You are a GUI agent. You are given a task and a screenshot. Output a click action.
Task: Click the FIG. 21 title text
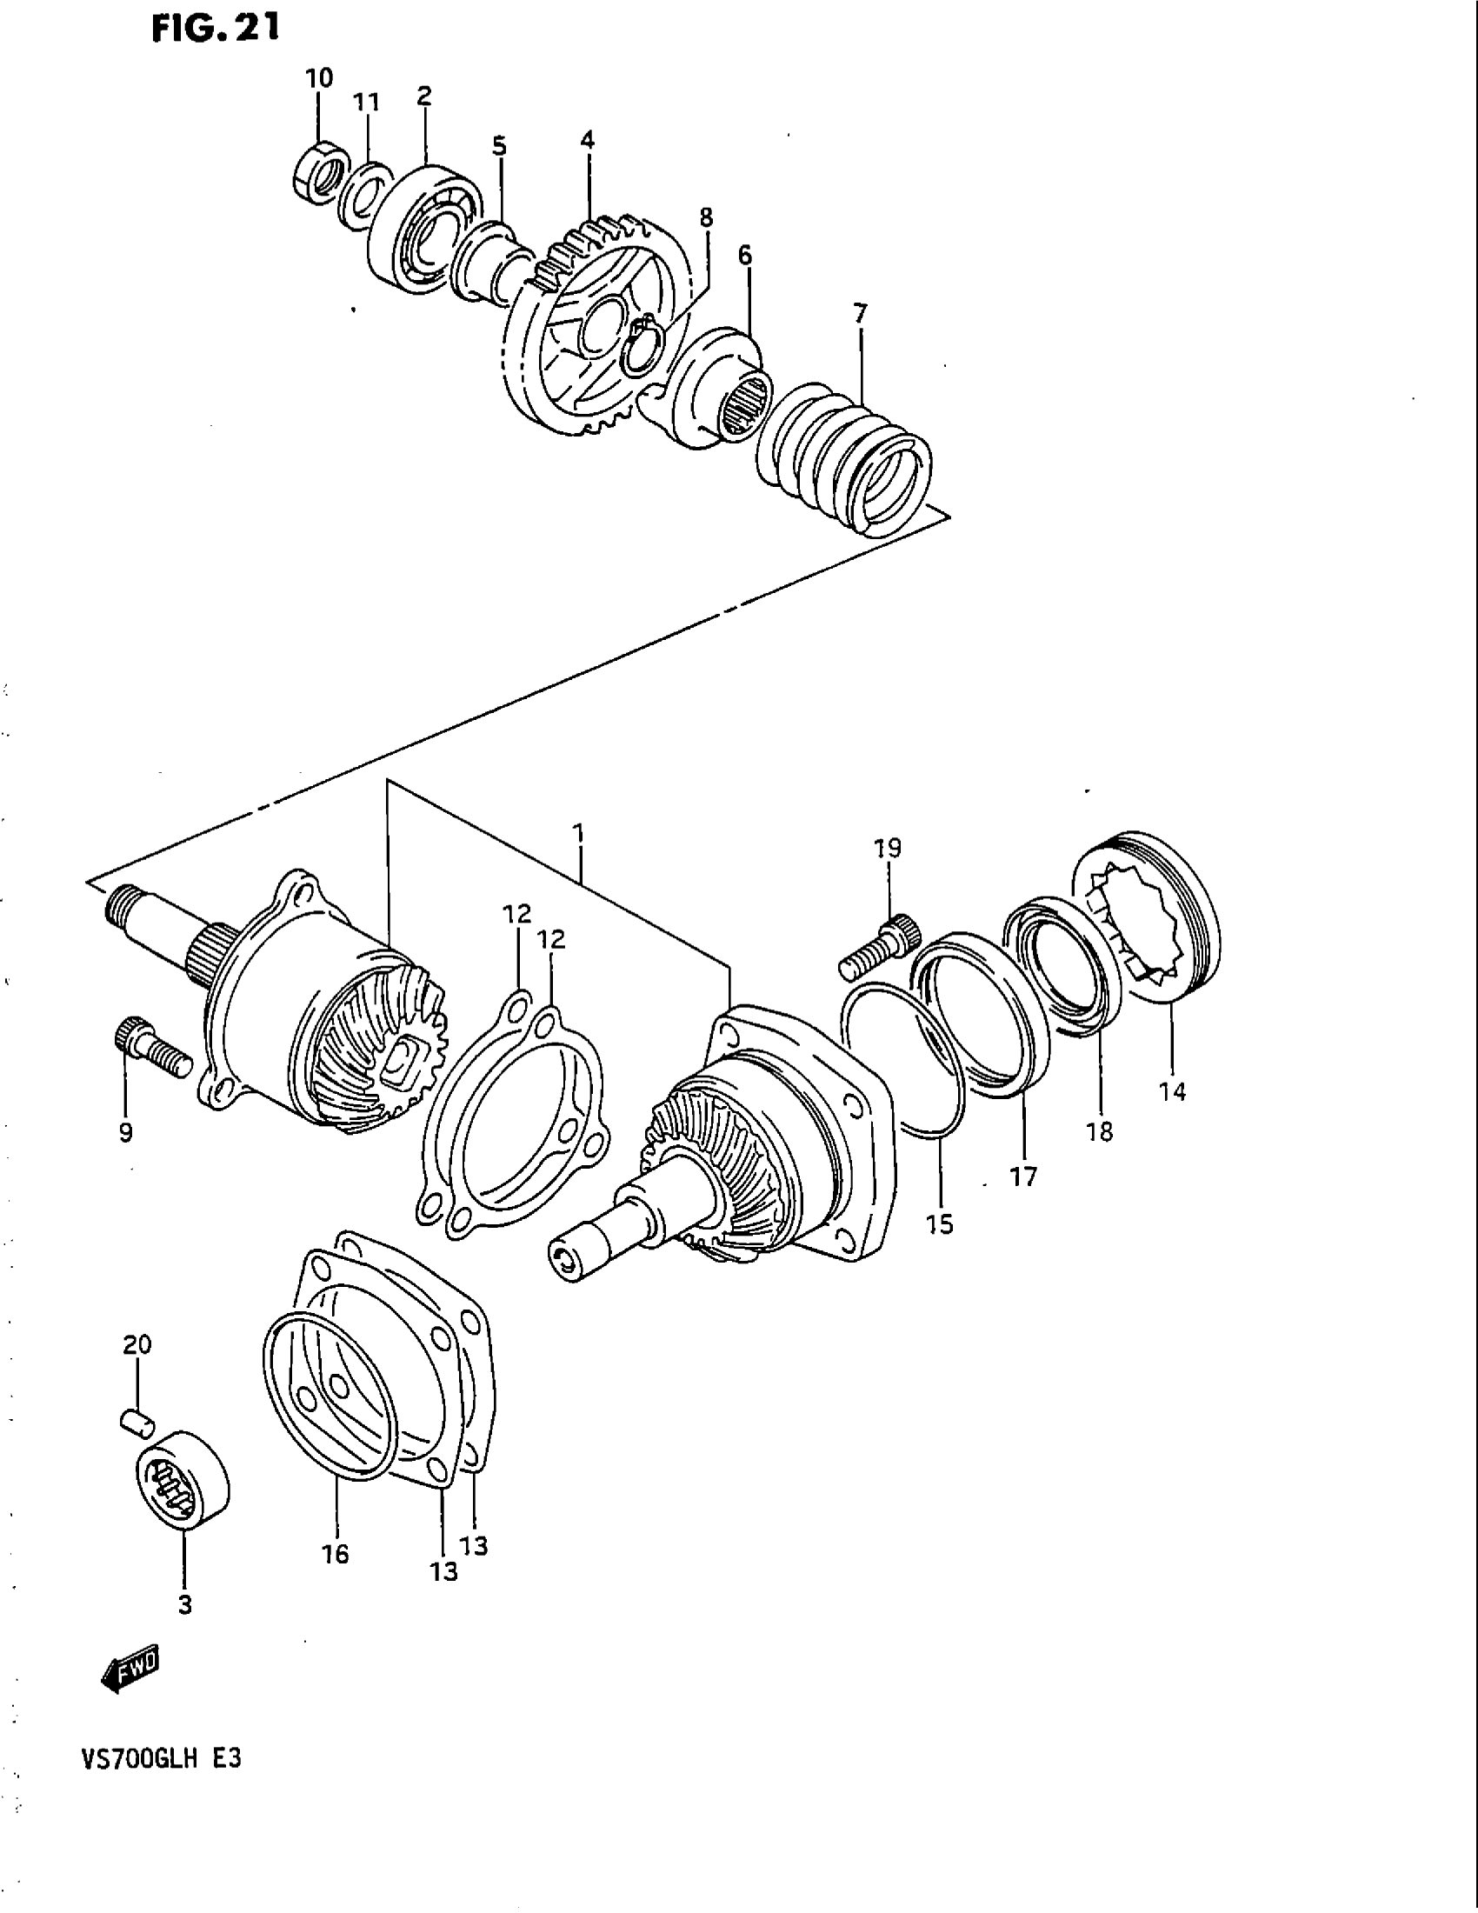[x=215, y=30]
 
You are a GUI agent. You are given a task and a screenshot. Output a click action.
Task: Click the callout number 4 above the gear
[x=587, y=140]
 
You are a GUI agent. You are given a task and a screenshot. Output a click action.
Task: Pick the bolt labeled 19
[x=881, y=947]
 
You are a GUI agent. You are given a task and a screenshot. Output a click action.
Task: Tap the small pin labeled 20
[x=137, y=1423]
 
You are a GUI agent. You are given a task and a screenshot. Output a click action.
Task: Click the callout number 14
[x=1172, y=1091]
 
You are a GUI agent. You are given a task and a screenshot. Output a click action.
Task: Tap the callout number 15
[x=939, y=1223]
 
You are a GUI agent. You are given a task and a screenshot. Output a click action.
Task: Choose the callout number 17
[x=1022, y=1176]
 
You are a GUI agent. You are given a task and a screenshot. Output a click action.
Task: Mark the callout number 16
[x=336, y=1554]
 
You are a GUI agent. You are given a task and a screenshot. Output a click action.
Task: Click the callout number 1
[x=579, y=831]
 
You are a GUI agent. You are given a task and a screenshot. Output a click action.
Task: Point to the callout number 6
[x=744, y=256]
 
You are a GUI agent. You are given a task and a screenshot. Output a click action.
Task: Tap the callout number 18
[x=1100, y=1130]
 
